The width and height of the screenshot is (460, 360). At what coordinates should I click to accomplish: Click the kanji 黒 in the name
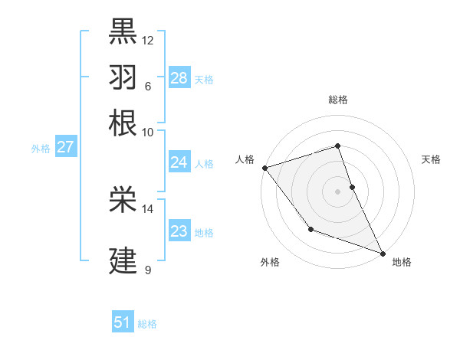tap(123, 31)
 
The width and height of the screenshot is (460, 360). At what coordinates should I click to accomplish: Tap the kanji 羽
tap(123, 77)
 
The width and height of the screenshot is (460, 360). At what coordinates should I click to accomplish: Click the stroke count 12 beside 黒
tap(148, 40)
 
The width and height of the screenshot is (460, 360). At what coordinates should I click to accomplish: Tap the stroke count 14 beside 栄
tap(148, 208)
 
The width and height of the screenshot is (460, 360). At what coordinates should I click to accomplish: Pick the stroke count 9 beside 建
tap(148, 270)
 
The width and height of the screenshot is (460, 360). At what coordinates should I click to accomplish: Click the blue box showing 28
tap(179, 77)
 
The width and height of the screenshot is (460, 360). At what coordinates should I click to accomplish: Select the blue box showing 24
tap(179, 162)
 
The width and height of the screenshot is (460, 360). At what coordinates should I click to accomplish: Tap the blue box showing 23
tap(179, 231)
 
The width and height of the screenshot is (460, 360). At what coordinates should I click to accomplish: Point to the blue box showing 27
tap(65, 147)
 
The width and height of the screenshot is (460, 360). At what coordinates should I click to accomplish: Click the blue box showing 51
tap(123, 322)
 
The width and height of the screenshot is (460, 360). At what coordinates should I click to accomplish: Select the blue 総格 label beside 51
tap(148, 324)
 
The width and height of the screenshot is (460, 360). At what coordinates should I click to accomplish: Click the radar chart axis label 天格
tap(431, 159)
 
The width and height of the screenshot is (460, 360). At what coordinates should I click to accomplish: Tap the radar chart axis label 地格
tap(402, 262)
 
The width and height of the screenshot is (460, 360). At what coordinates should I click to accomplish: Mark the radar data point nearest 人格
tap(264, 168)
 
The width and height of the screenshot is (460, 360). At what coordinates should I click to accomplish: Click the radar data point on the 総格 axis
tap(337, 146)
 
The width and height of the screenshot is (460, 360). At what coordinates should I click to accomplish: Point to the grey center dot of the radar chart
tap(337, 191)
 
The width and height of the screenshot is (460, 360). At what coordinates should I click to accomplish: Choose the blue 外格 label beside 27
tap(41, 149)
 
